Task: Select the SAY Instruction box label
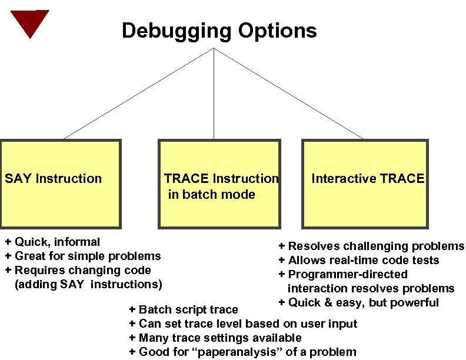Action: [54, 178]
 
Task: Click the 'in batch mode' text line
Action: [211, 194]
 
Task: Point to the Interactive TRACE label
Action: [368, 178]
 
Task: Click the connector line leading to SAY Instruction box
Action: [138, 94]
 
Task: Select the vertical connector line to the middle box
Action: [214, 94]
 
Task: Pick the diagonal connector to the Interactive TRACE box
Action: [288, 94]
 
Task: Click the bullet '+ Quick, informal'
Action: [52, 242]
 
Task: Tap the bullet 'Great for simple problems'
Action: [87, 256]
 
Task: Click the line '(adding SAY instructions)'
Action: [88, 284]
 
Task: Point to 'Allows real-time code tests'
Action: [363, 260]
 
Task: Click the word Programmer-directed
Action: [347, 274]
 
